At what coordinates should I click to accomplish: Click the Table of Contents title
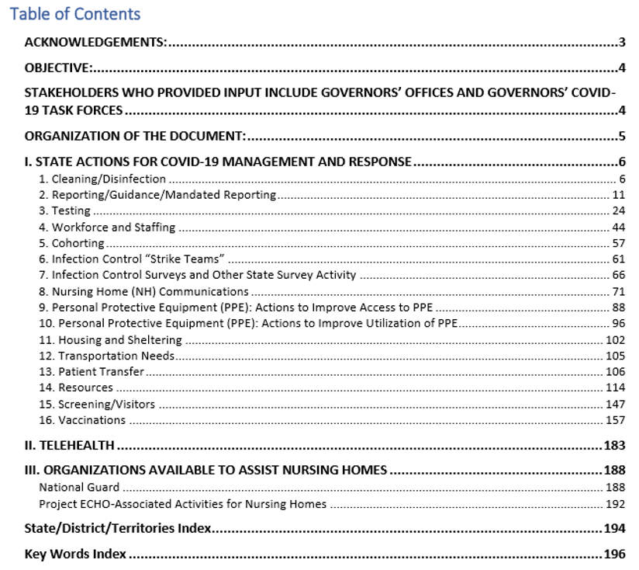75,14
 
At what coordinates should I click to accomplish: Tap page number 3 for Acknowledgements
622,42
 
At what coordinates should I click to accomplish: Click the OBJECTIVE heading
59,68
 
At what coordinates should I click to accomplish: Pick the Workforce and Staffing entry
108,228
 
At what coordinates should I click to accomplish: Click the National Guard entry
80,487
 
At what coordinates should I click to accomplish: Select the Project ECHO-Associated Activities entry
183,504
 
